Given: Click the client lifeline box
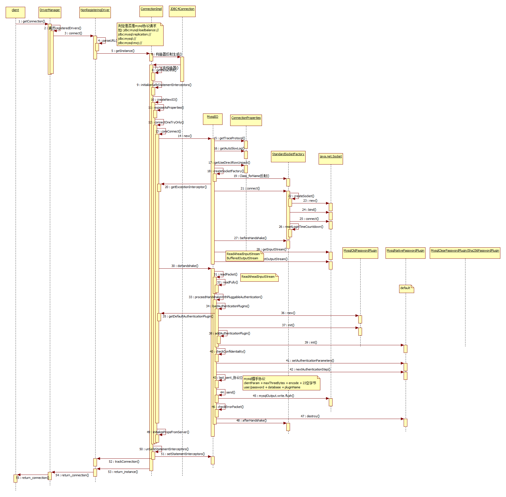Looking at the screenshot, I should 15,12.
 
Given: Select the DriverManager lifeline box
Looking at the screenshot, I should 50,12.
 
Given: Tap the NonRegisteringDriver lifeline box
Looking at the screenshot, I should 95,12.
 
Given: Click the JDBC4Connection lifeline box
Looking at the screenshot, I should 182,11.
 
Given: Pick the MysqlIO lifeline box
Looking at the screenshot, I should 213,119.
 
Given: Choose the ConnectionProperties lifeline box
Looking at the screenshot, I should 246,120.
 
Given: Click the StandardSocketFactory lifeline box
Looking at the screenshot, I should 288,156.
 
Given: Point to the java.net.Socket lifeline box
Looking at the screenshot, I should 331,159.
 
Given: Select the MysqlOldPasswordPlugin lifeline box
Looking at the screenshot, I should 360,253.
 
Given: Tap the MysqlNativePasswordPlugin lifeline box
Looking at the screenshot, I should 406,253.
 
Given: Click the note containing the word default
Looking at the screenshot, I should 407,288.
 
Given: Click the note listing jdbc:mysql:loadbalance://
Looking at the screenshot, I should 140,34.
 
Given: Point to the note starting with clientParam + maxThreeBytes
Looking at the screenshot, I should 281,383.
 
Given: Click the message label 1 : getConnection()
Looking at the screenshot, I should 32,21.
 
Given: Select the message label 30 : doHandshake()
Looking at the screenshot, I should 185,266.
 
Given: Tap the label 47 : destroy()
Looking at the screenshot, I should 310,416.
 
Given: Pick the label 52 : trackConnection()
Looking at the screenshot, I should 124,462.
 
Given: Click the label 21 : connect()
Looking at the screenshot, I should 250,188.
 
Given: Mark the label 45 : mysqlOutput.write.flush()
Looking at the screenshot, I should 273,396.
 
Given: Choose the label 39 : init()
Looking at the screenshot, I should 311,342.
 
